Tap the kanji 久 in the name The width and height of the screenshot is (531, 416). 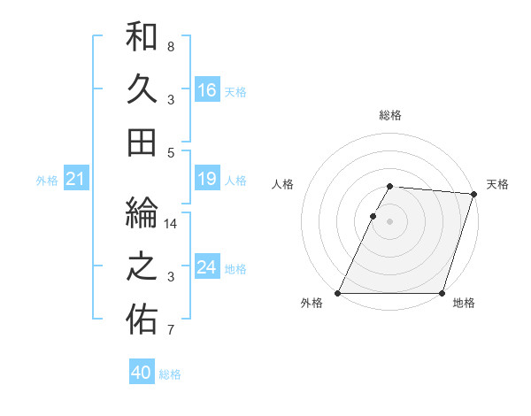(x=142, y=89)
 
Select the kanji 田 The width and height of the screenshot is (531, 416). (x=142, y=142)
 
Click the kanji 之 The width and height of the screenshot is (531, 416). (x=142, y=266)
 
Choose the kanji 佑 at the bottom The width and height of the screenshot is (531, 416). (x=142, y=319)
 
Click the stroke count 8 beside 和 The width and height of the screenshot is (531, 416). (x=170, y=46)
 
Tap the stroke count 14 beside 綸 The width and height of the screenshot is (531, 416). (x=172, y=223)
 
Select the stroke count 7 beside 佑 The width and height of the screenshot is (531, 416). (x=170, y=331)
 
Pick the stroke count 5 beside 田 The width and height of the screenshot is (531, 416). (x=171, y=152)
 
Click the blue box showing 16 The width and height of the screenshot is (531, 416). (x=207, y=90)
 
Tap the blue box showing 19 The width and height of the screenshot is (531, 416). (x=207, y=180)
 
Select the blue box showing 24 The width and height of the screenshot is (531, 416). (x=207, y=268)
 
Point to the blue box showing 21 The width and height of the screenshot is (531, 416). (x=75, y=180)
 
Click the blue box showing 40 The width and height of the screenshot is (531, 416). (x=142, y=373)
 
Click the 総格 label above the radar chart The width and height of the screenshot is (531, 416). (x=390, y=115)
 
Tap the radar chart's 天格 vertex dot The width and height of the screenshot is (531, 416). (x=474, y=194)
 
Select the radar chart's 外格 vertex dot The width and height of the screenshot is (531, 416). (x=338, y=293)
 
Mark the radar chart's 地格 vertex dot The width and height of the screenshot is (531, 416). (x=442, y=293)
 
